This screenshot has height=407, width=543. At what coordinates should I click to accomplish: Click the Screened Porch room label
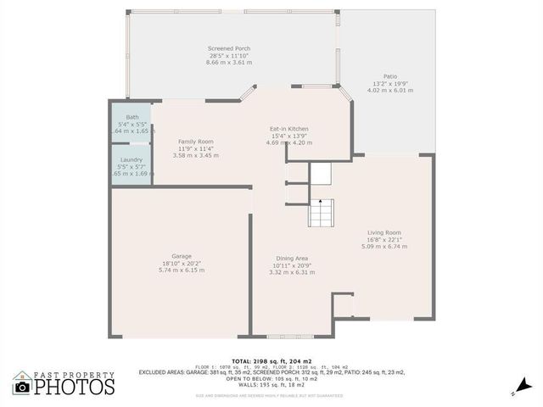[229, 48]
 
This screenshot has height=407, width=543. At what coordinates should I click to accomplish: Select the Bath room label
[132, 117]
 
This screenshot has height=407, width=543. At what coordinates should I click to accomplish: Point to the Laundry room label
[132, 159]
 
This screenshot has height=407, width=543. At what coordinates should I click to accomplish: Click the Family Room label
[195, 142]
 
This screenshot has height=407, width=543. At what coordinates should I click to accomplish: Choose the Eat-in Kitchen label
[288, 128]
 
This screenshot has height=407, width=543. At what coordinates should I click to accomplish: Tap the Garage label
[182, 256]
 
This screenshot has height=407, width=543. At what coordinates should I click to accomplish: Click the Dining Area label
[291, 259]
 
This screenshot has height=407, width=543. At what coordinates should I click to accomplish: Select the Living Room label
[384, 232]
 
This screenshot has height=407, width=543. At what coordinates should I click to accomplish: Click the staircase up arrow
[321, 203]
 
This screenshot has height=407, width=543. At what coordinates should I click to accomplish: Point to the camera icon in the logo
[23, 387]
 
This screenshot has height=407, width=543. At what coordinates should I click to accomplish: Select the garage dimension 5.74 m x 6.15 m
[182, 270]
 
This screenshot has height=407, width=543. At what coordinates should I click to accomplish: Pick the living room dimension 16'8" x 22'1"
[384, 239]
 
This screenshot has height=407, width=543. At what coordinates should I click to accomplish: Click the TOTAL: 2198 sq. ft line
[271, 360]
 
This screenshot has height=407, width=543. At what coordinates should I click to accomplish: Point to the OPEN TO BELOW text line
[271, 378]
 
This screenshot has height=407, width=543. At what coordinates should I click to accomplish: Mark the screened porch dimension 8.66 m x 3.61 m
[229, 63]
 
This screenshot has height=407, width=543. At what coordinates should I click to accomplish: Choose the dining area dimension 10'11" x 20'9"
[291, 265]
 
